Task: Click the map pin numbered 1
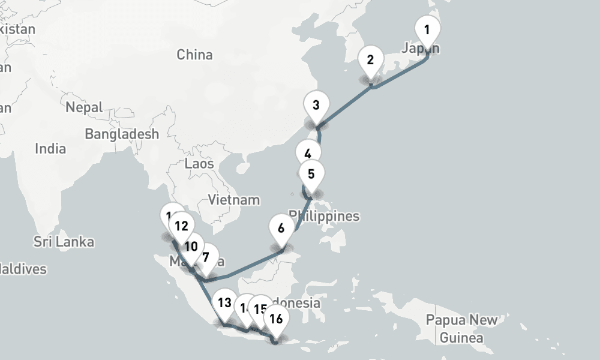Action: (x=427, y=30)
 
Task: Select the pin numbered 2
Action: (x=370, y=60)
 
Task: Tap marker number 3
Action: (x=316, y=105)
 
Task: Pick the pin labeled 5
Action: (x=311, y=175)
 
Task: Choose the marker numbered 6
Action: (x=280, y=228)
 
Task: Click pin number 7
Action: (x=206, y=258)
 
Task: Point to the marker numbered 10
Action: (x=191, y=247)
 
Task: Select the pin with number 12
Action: (x=181, y=226)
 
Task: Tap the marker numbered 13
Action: (x=224, y=302)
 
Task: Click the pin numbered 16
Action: (x=276, y=319)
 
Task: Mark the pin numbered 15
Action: (x=260, y=309)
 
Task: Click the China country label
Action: (x=194, y=55)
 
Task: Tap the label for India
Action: (x=50, y=148)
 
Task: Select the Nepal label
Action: (x=84, y=108)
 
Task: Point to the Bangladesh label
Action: (x=122, y=134)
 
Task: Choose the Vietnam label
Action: (x=233, y=200)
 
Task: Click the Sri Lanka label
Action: (x=64, y=242)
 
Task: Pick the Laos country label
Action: (x=199, y=163)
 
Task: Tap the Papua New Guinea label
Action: (x=461, y=328)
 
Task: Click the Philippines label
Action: (x=324, y=216)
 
